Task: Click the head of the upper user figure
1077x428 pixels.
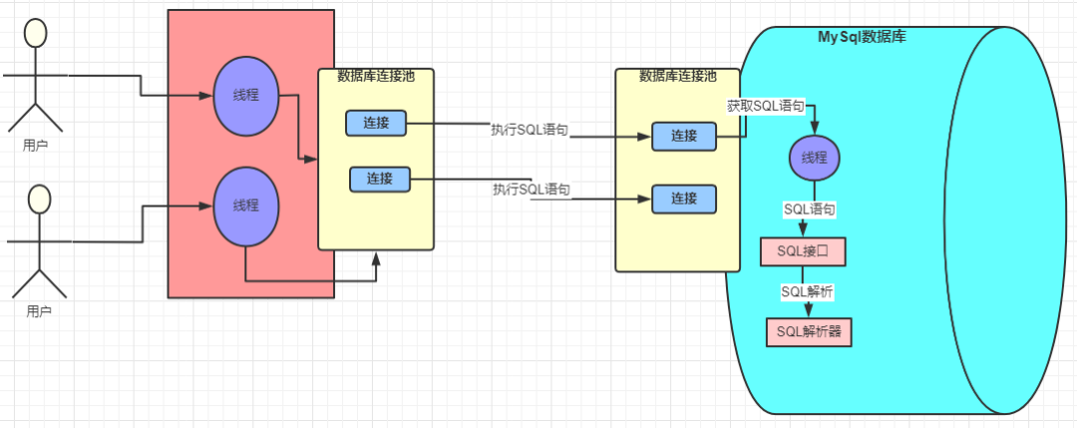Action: point(36,33)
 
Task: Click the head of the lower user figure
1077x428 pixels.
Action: point(39,199)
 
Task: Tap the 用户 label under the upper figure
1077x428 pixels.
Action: point(36,146)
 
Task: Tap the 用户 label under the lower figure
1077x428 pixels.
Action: point(39,311)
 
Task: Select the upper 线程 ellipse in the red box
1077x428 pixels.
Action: point(245,96)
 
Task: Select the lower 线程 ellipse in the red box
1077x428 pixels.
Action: point(245,206)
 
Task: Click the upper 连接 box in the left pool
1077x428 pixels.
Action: point(376,124)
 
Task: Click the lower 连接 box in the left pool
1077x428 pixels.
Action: point(379,180)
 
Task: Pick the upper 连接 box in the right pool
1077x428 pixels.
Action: point(683,137)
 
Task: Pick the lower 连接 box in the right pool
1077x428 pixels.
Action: point(683,199)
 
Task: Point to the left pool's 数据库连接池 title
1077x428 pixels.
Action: point(374,76)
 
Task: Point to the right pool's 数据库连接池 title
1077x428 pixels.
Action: point(677,76)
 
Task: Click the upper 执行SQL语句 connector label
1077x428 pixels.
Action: point(530,130)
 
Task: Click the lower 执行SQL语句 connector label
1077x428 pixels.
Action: point(532,190)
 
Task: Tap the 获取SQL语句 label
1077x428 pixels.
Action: point(765,106)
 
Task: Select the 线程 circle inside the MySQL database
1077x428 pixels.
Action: point(814,158)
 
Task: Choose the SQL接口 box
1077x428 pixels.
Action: point(803,252)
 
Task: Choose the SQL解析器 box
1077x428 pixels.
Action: point(810,332)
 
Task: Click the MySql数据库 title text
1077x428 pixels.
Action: point(862,37)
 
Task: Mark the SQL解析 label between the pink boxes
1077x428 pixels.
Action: point(807,291)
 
